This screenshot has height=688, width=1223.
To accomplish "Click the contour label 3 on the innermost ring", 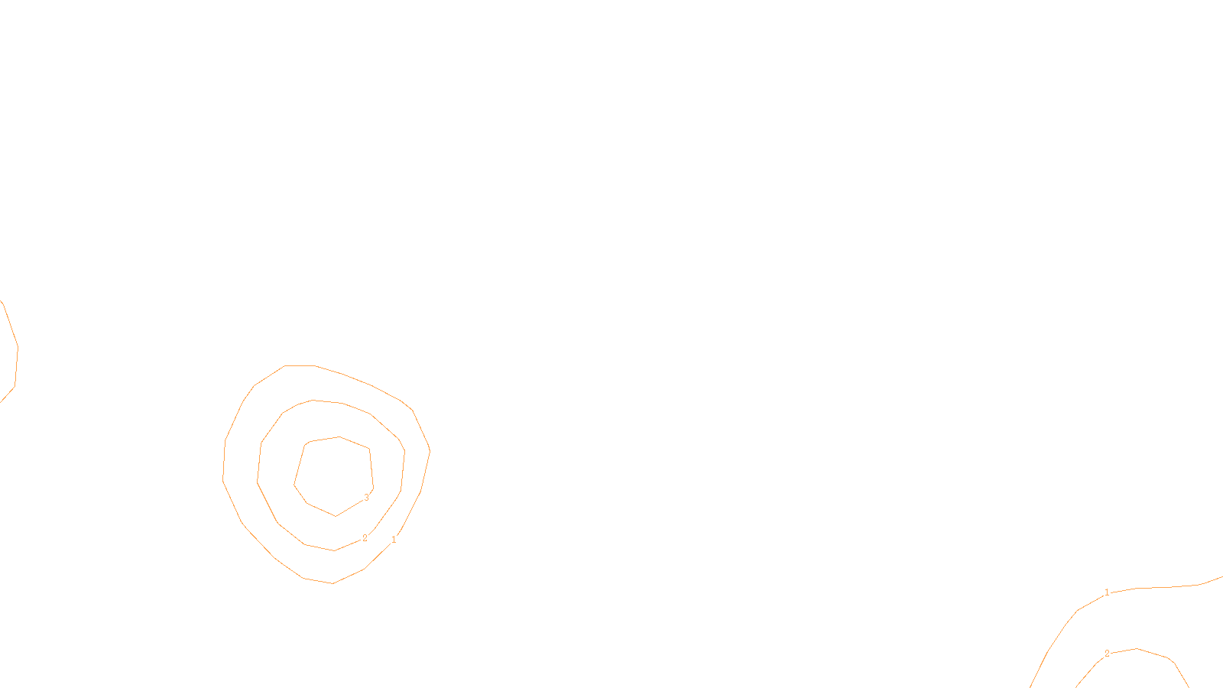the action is [x=366, y=498].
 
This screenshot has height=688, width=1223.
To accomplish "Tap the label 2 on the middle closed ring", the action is [x=365, y=538].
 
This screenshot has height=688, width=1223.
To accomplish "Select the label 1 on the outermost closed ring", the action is [x=394, y=540].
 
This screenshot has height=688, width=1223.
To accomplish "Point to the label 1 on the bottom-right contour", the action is [x=1107, y=592].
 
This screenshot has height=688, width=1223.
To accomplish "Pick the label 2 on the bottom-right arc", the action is [x=1107, y=654].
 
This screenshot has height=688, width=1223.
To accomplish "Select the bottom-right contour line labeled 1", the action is [x=1162, y=587].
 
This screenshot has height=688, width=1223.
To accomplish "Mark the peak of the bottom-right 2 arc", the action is [x=1137, y=649].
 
